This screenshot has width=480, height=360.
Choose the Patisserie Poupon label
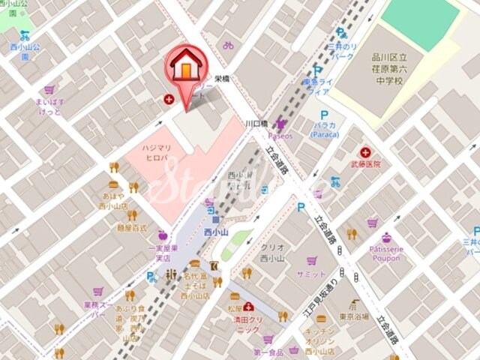tap(385, 253)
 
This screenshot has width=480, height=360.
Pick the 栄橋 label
tap(221, 78)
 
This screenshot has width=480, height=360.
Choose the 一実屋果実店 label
tap(162, 252)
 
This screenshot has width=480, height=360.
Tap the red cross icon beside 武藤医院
tap(365, 151)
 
